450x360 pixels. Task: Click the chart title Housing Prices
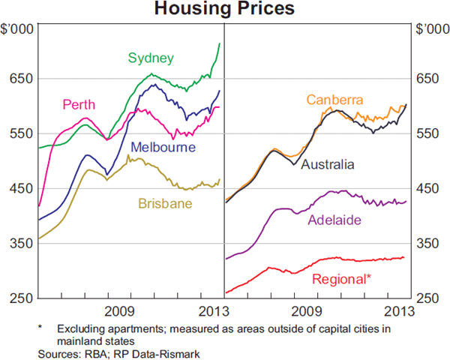224,10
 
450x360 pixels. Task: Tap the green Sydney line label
151,58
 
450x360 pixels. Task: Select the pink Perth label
79,104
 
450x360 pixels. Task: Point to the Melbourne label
163,148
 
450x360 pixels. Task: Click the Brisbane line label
165,202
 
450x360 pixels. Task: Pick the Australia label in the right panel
327,164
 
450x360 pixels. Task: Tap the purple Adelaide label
335,220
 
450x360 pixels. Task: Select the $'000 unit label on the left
17,29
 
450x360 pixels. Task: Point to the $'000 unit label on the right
430,29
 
